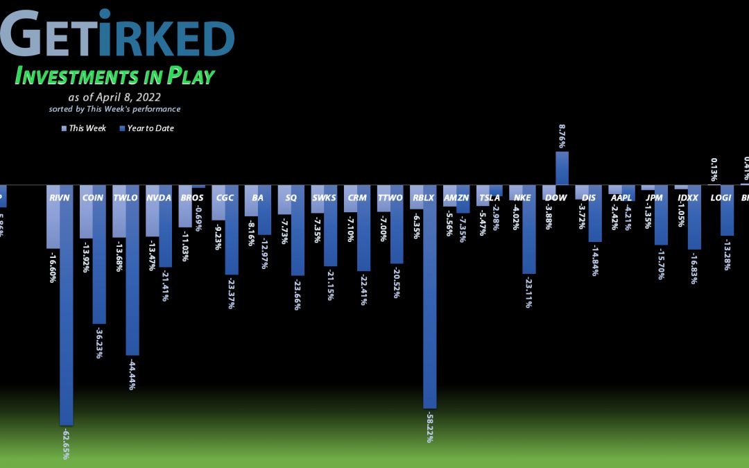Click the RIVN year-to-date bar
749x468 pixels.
click(x=66, y=305)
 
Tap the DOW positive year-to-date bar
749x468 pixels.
click(x=562, y=168)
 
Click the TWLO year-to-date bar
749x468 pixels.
click(x=132, y=270)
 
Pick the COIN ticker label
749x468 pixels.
click(x=92, y=198)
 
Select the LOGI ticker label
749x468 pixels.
click(x=721, y=198)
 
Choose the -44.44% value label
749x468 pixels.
click(x=132, y=373)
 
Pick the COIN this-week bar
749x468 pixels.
click(x=86, y=211)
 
